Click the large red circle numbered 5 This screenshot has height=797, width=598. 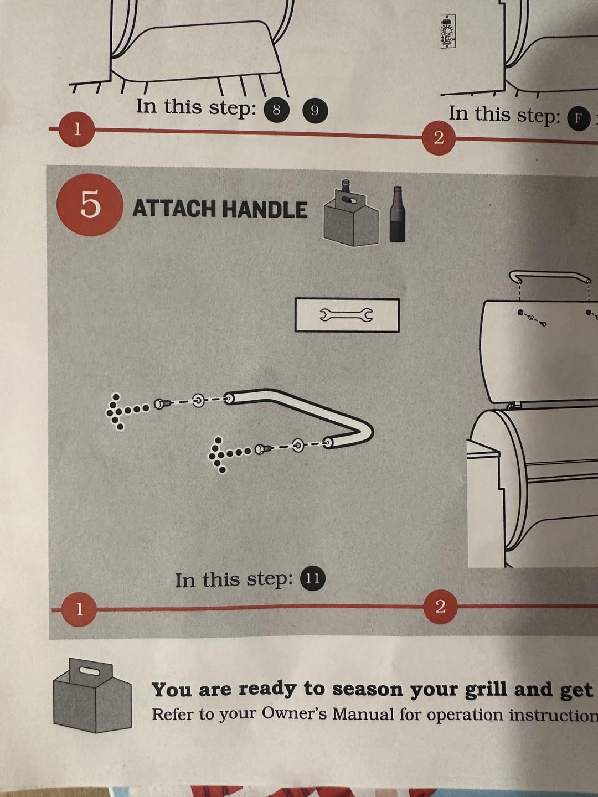point(90,204)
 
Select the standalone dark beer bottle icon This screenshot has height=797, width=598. point(397,215)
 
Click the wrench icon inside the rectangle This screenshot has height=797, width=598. point(347,315)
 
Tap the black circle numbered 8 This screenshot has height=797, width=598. point(276,110)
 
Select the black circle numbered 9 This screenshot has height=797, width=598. point(315,111)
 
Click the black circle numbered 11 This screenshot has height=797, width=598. point(313,578)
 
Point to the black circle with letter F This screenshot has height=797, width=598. point(579,118)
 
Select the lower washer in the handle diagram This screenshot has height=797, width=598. point(298,445)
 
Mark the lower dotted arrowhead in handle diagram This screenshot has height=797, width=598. point(218,456)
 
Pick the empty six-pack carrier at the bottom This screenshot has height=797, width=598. point(92,695)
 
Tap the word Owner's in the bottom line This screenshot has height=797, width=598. point(293,713)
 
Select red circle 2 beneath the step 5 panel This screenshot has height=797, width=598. point(440,607)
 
